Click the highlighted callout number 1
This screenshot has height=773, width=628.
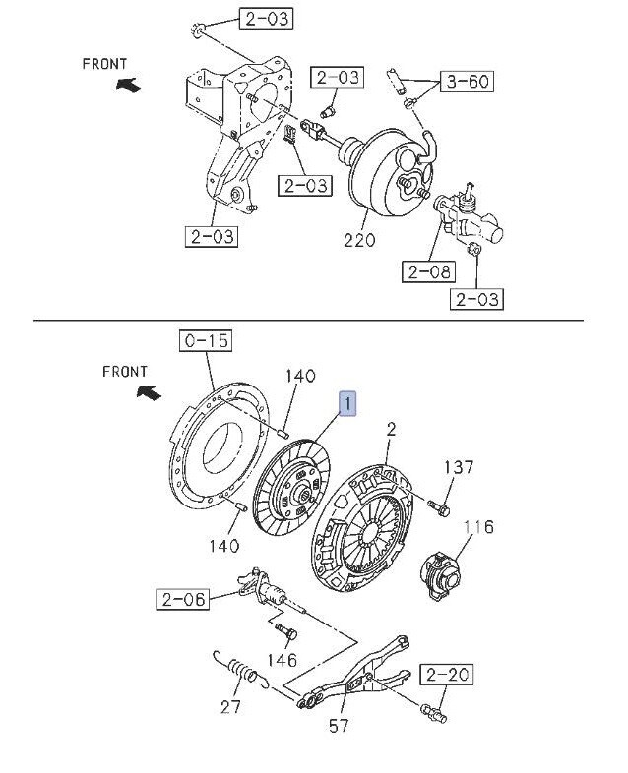click(x=348, y=403)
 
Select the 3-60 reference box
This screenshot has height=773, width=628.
click(x=469, y=82)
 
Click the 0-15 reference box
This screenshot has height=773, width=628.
click(x=204, y=341)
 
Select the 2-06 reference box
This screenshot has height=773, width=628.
click(x=182, y=597)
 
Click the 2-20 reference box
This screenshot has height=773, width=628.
click(x=447, y=675)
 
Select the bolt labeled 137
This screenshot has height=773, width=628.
click(x=438, y=506)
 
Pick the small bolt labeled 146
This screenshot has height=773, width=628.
click(x=284, y=629)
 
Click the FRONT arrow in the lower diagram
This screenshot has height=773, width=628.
click(x=148, y=393)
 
